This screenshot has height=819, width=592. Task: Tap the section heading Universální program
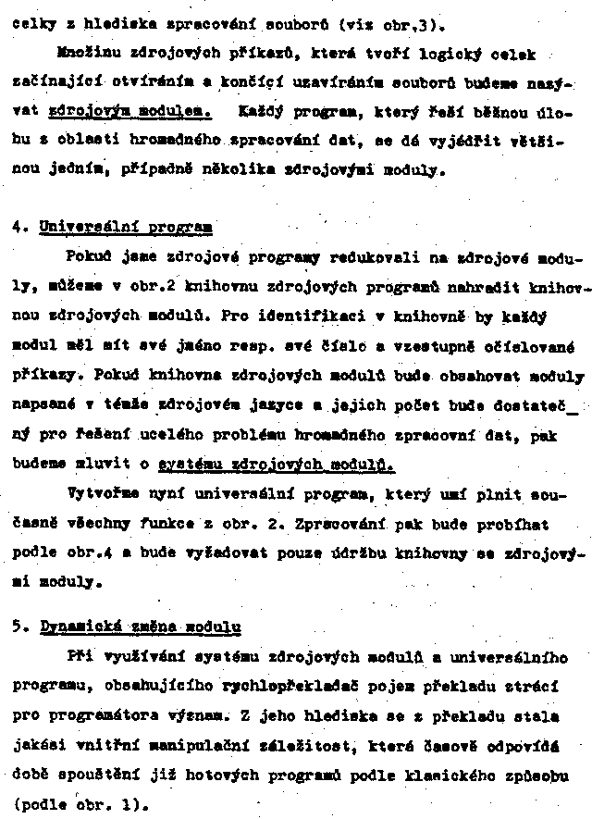coord(125,225)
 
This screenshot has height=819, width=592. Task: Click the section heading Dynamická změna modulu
coord(141,626)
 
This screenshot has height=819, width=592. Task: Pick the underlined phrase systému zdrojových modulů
coord(276,465)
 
